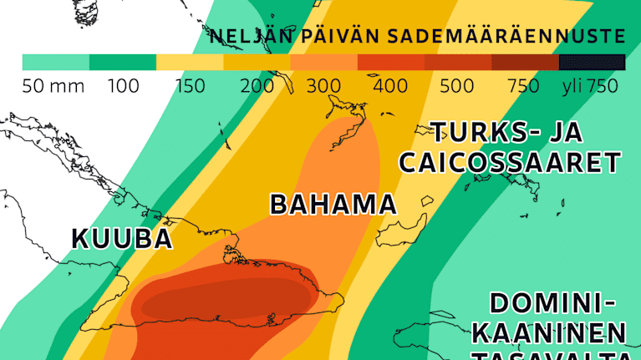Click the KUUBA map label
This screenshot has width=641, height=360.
pyautogui.click(x=122, y=239)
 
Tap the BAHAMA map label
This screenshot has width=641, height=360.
pyautogui.click(x=333, y=205)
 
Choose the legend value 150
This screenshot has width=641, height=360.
pyautogui.click(x=191, y=86)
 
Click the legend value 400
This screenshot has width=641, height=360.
pyautogui.click(x=390, y=86)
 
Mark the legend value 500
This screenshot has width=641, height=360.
pyautogui.click(x=456, y=86)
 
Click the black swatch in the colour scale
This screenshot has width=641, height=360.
pyautogui.click(x=592, y=62)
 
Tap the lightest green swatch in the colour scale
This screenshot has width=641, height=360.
pyautogui.click(x=55, y=62)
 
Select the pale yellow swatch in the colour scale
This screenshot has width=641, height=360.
pyautogui.click(x=190, y=62)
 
